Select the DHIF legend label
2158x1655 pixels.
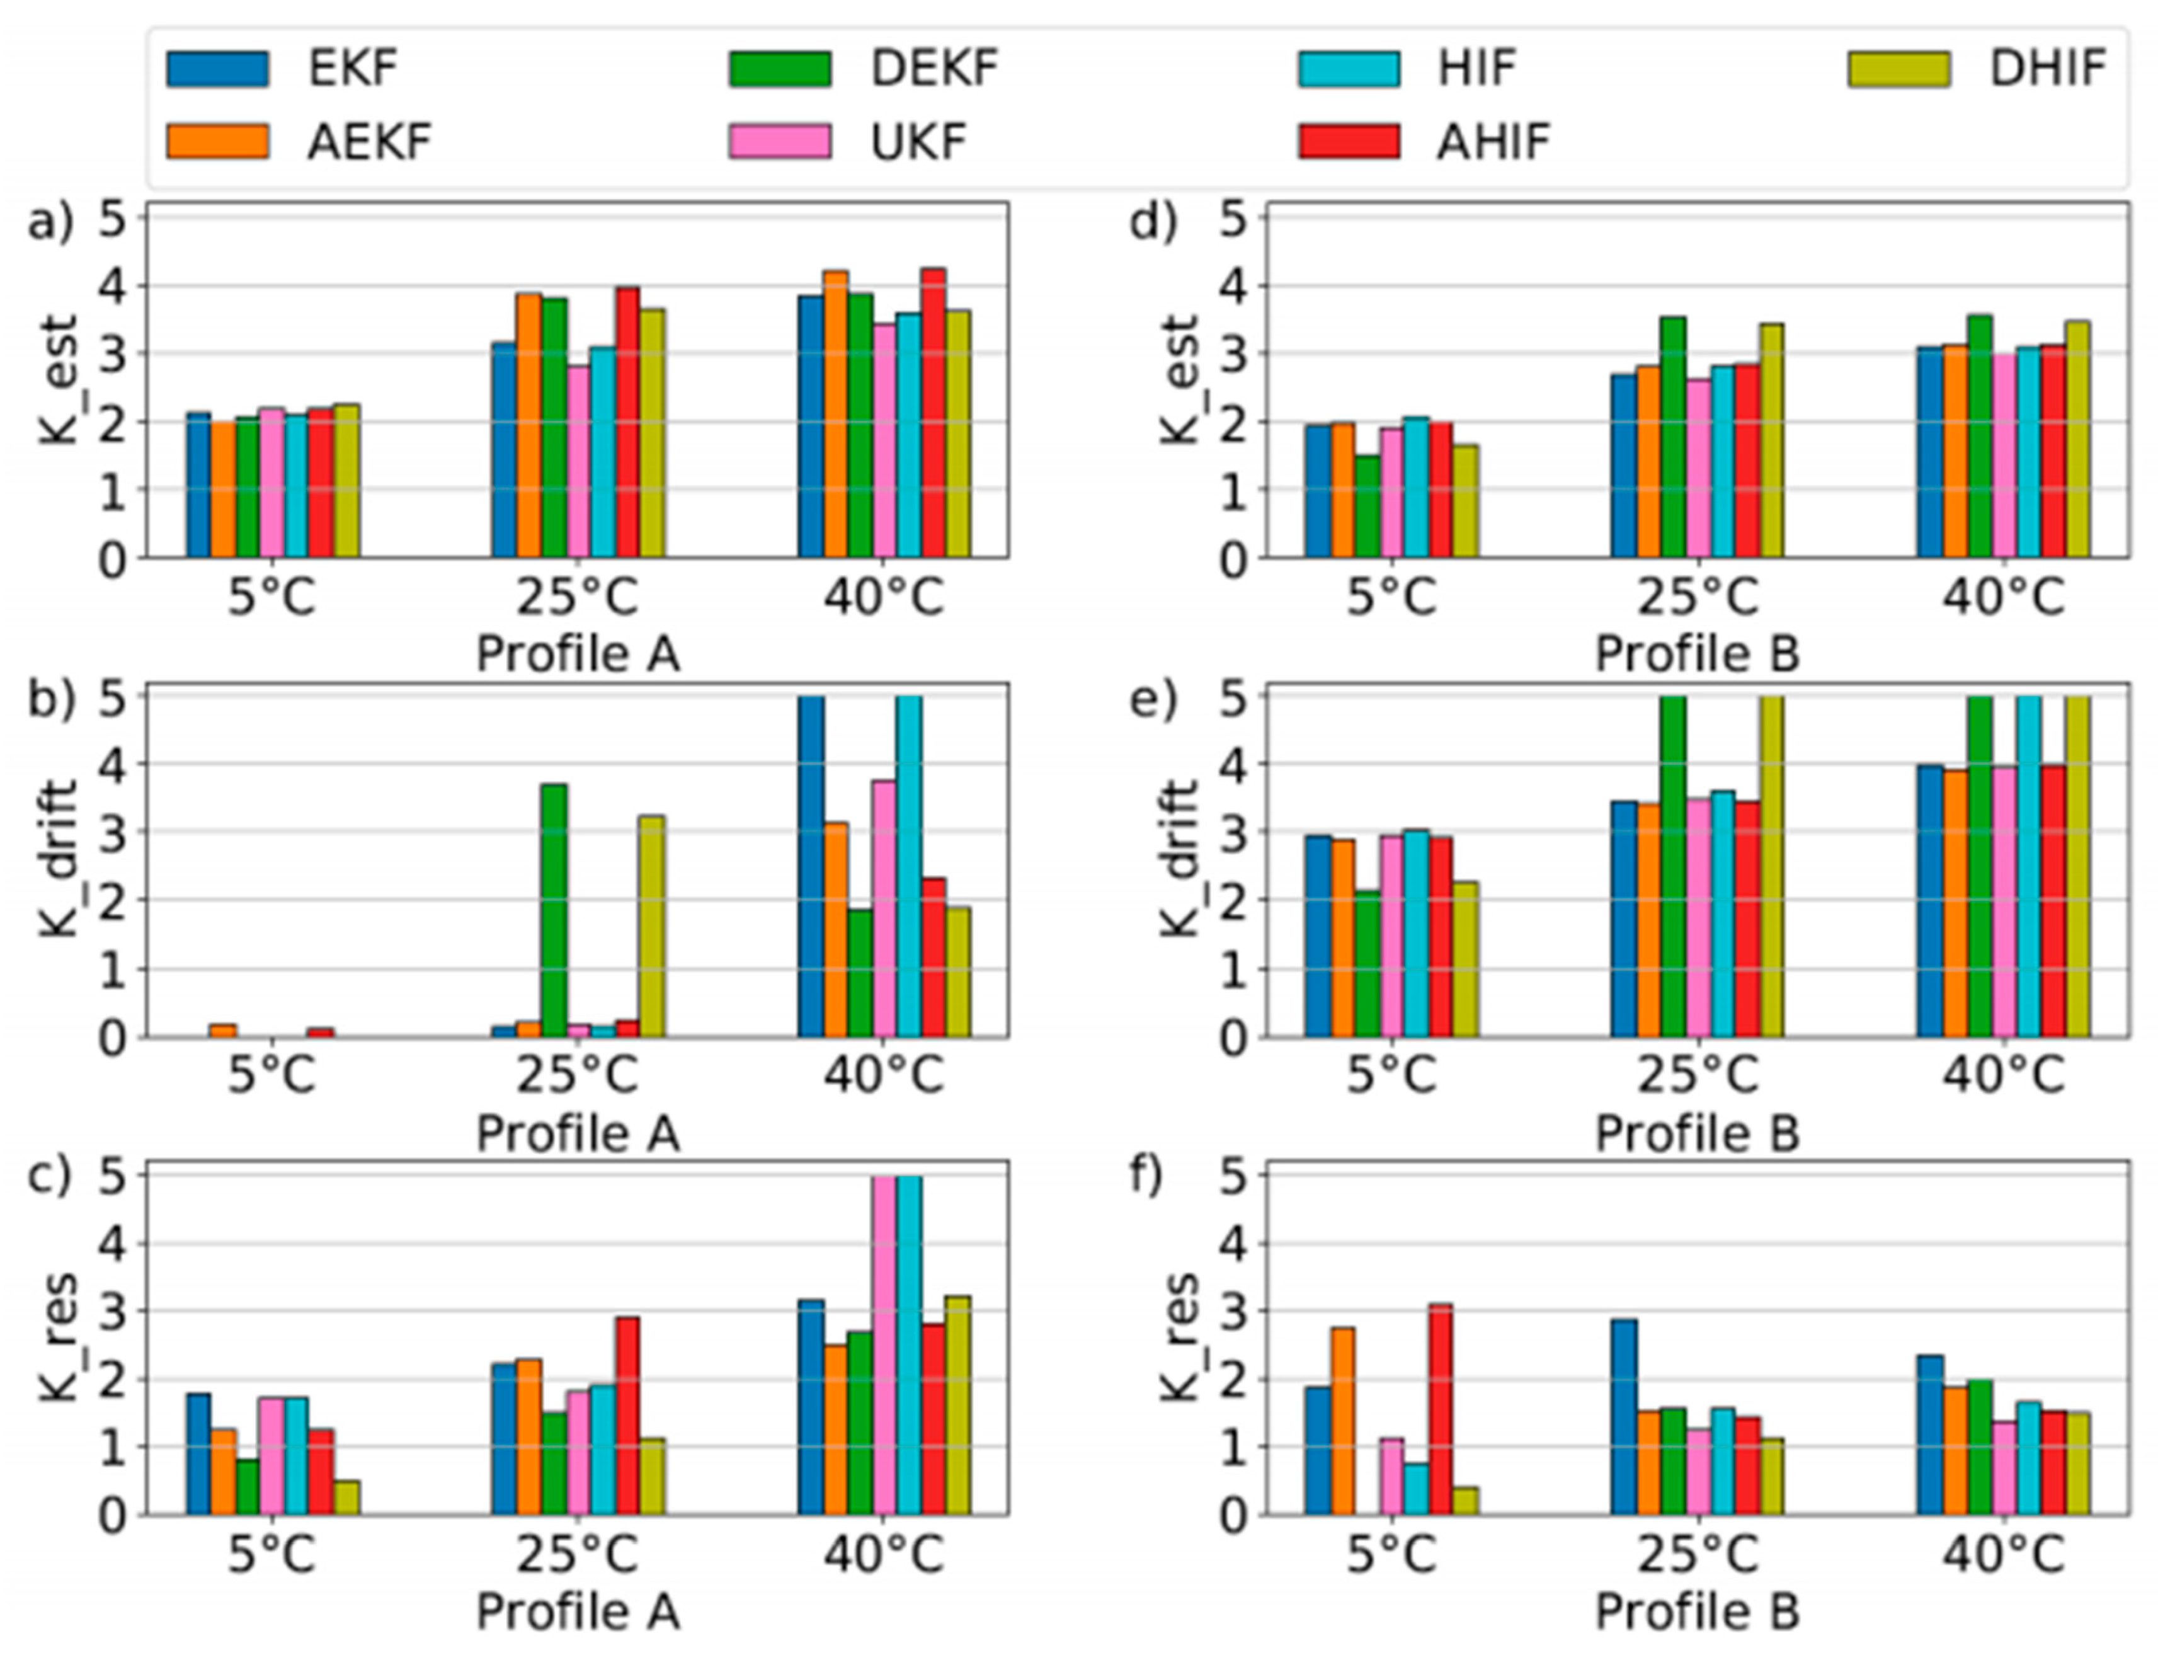coord(2047,68)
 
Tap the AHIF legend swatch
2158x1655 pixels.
coord(1347,141)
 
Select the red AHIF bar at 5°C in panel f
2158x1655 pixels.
coord(1440,1409)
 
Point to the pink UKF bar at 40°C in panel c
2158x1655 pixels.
coord(884,1344)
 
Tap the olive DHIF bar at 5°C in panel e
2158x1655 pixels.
coord(1464,958)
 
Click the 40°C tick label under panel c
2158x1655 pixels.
coord(884,1555)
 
